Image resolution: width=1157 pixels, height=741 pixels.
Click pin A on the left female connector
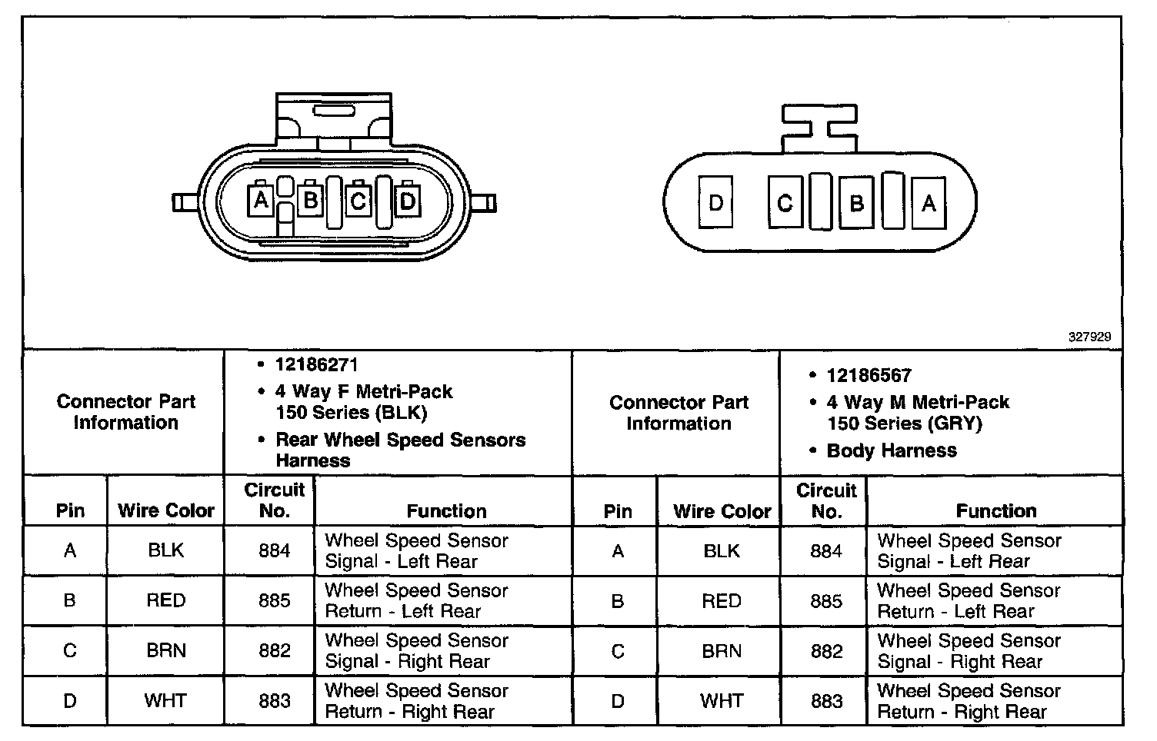(x=261, y=201)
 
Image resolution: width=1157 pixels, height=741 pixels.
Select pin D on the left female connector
(x=408, y=201)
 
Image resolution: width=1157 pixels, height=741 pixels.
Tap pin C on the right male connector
(x=785, y=203)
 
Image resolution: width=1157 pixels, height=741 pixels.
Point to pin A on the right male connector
(x=929, y=203)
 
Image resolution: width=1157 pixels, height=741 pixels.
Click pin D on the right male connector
(x=715, y=203)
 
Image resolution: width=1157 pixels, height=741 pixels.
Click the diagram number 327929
(x=1089, y=337)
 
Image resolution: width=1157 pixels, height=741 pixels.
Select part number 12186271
(x=316, y=364)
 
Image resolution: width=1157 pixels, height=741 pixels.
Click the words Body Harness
(x=891, y=450)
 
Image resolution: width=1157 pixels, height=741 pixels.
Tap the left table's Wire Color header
(x=166, y=510)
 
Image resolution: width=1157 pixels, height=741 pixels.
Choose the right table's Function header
(x=996, y=510)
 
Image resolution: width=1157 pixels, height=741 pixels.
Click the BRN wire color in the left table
(x=166, y=650)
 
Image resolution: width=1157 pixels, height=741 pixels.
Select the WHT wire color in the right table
(x=721, y=700)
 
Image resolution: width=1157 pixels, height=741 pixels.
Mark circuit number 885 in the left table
(x=275, y=600)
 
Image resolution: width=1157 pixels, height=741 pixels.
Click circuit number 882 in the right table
(x=826, y=651)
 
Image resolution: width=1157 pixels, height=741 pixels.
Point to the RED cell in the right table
(x=721, y=601)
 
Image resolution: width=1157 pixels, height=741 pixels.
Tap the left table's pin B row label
(x=69, y=600)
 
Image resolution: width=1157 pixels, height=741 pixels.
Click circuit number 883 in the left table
(x=275, y=700)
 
